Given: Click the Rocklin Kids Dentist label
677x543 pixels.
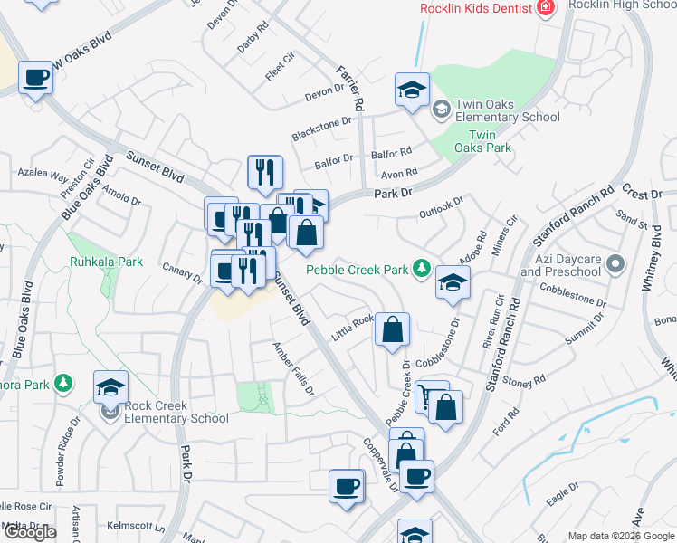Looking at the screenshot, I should point(475,9).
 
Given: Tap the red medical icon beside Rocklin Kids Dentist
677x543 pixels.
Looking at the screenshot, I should point(546,9).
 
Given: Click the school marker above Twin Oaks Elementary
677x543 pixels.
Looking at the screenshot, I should point(412,90).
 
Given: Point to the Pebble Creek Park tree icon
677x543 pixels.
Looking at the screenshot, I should point(421,268).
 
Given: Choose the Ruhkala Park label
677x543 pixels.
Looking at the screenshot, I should point(106,262).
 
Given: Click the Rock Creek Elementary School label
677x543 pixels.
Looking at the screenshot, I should point(177,411).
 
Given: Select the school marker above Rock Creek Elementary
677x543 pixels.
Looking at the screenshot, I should point(110,387).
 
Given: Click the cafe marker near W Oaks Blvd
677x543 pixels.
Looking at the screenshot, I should point(35,77).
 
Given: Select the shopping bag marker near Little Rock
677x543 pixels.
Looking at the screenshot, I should point(393,330).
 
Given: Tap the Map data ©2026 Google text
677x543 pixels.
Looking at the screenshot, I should point(621,536).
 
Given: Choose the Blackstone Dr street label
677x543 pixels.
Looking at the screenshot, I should point(320,129).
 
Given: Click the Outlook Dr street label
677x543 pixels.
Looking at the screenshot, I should point(441,207).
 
